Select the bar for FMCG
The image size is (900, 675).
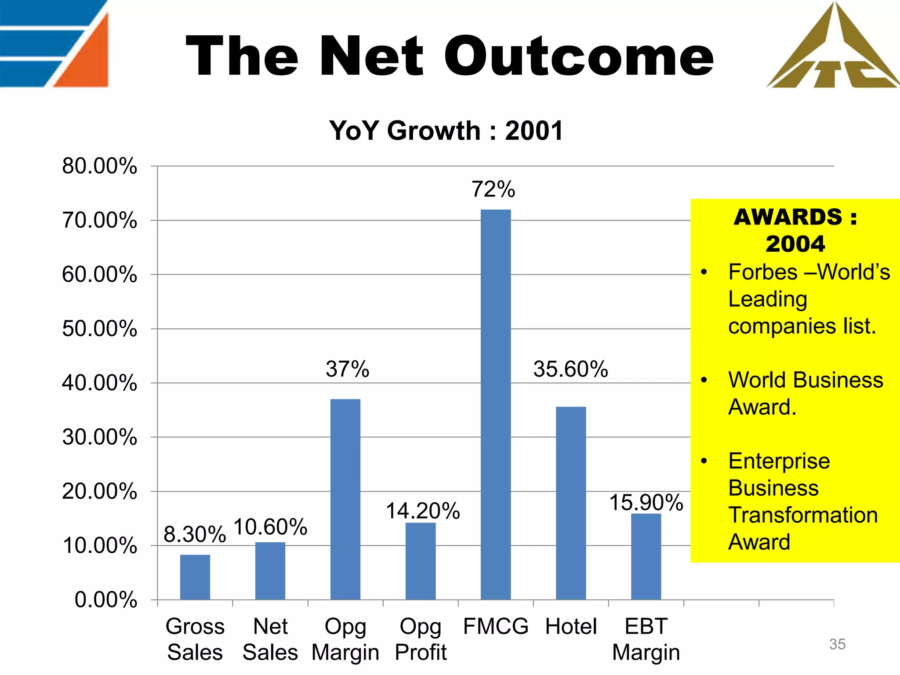coord(496,404)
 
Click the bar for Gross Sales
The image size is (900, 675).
coord(195,577)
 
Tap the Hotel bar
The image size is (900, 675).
coord(571,503)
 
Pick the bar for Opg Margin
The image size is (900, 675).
coord(345,499)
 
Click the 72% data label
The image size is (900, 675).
coord(493,189)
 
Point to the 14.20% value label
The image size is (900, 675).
coord(423,511)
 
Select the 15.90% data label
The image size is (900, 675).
coord(646,502)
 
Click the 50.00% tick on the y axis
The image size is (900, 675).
coord(100,329)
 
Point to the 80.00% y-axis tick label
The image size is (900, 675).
coord(100,166)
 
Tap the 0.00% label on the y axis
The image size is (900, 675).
coord(106,600)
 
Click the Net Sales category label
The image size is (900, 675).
coord(270,639)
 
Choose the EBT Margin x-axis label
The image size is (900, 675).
coord(646,639)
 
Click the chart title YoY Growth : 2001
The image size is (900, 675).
coord(446,131)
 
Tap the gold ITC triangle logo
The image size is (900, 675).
coord(833,48)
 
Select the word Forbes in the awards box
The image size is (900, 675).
coord(762,272)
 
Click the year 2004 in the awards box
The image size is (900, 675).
coord(795,243)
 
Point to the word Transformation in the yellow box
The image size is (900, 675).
coord(803,515)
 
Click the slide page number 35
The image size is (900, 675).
coord(837,644)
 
